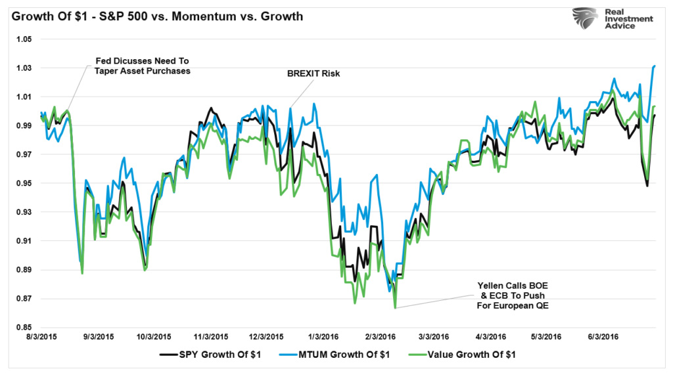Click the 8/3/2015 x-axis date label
(x=40, y=336)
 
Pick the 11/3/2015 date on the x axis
(x=210, y=336)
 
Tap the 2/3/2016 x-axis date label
(x=381, y=336)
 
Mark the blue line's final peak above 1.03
(x=655, y=66)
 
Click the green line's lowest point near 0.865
(x=395, y=307)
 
